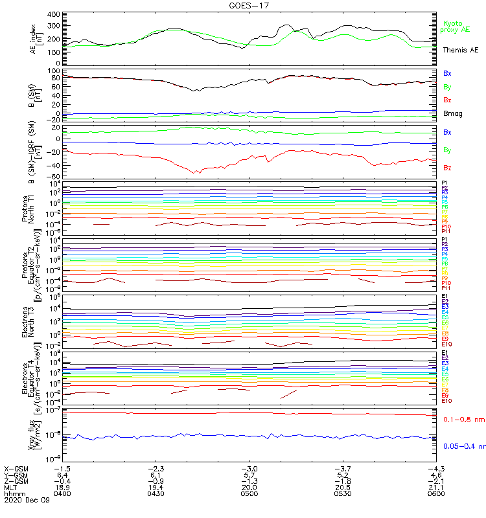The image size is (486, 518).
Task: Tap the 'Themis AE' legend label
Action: click(x=459, y=50)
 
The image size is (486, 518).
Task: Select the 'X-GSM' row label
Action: click(x=16, y=468)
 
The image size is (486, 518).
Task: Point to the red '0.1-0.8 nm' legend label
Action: click(x=463, y=420)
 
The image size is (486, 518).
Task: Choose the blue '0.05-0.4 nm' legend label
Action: click(x=463, y=446)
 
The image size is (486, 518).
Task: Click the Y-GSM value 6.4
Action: click(x=63, y=475)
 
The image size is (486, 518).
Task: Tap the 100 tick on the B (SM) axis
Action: click(x=54, y=71)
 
